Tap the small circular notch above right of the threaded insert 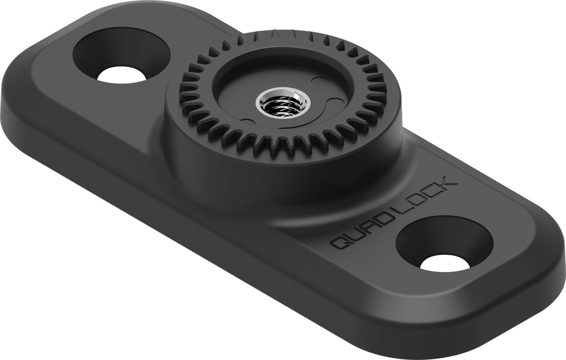[317, 81]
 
